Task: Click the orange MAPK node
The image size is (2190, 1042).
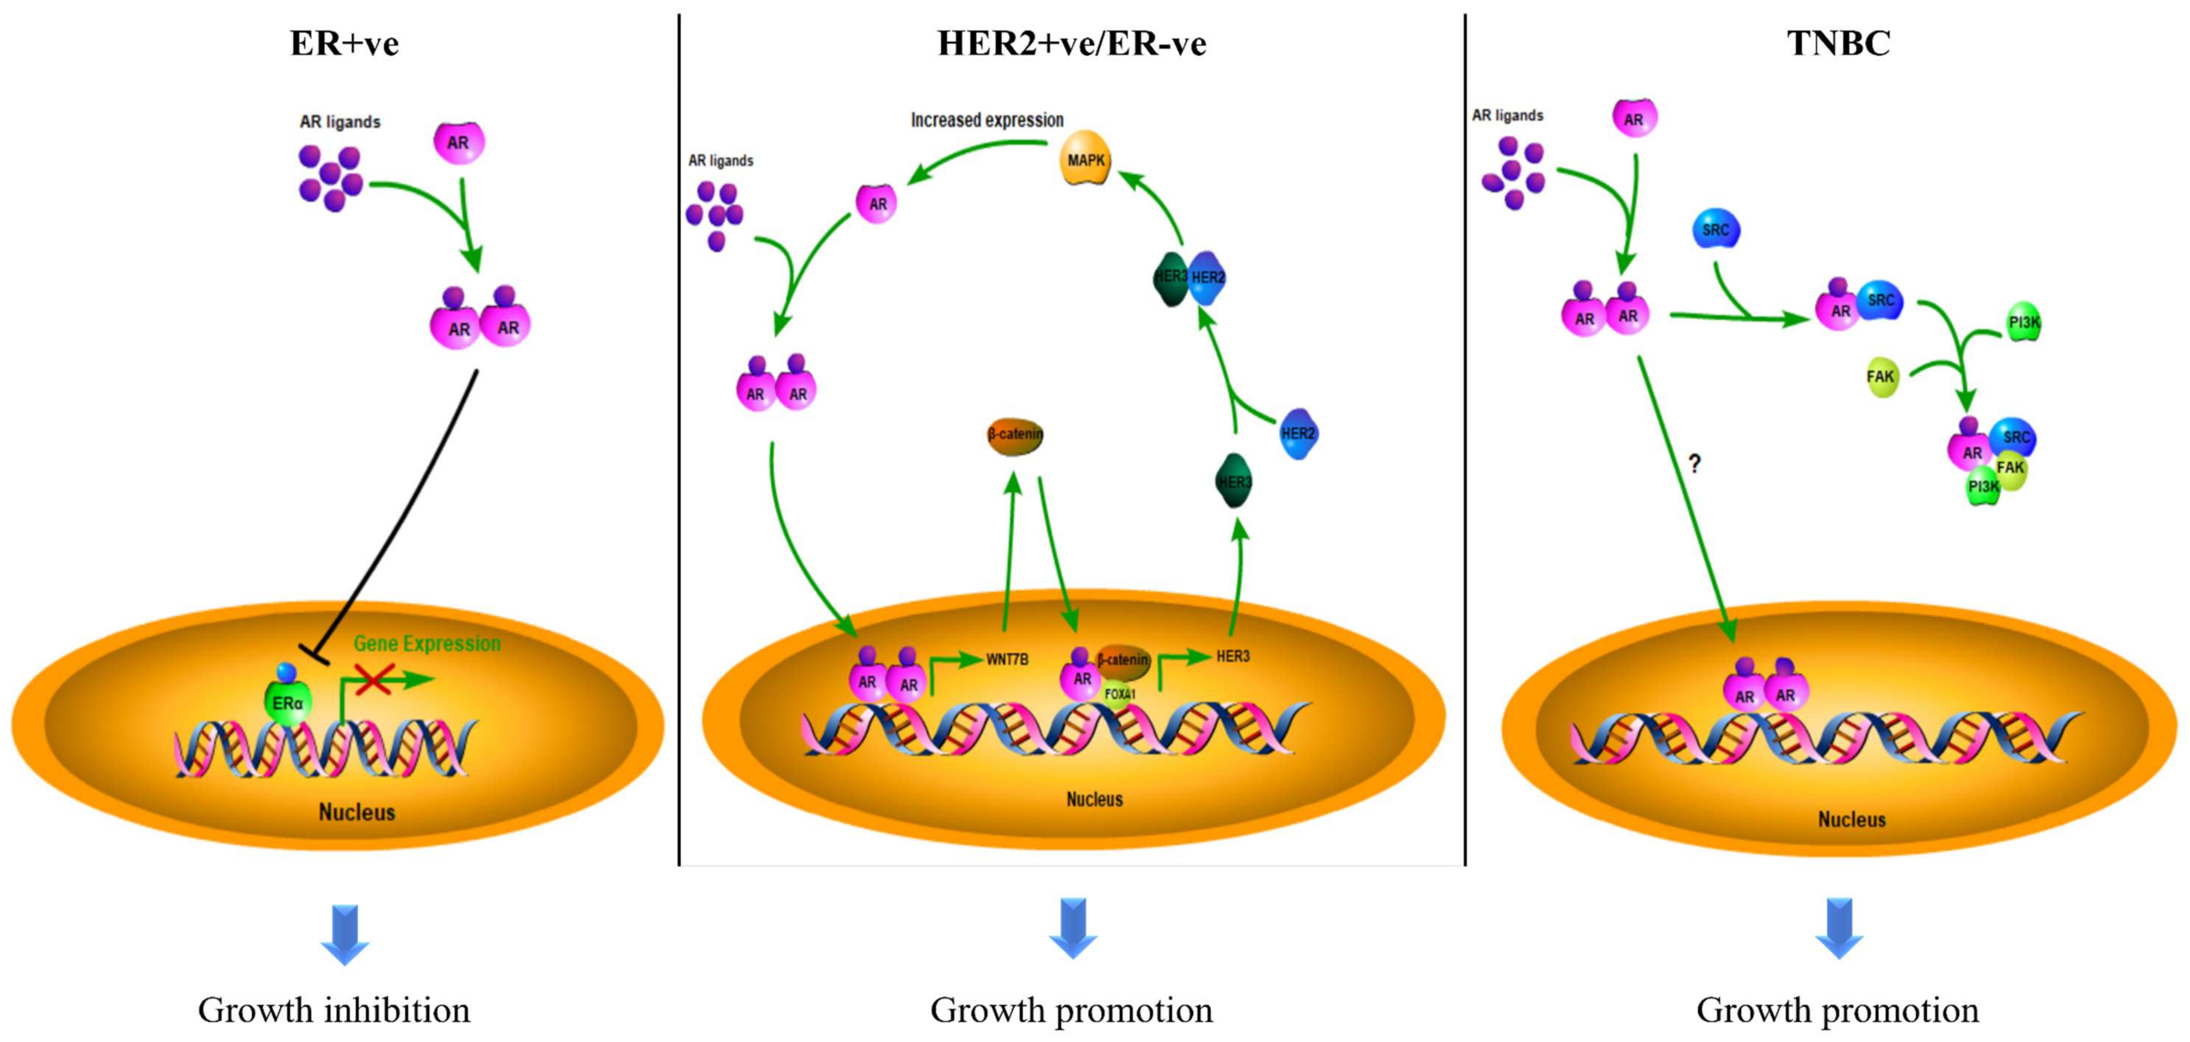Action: (x=1086, y=158)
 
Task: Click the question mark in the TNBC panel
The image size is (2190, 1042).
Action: (x=1694, y=464)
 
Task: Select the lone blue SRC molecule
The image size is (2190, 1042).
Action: (x=1716, y=230)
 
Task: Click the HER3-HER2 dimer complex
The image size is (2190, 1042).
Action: (x=1189, y=277)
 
